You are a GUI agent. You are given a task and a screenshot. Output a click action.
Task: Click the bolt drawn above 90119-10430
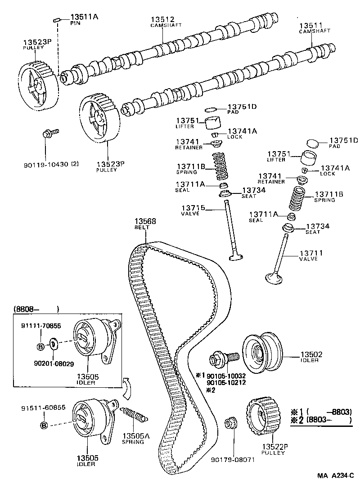click(49, 133)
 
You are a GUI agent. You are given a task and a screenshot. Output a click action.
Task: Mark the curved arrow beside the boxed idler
click(127, 387)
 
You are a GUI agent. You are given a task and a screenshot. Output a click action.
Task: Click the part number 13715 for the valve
click(193, 207)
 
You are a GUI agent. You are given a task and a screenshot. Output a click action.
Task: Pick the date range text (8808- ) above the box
click(36, 309)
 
